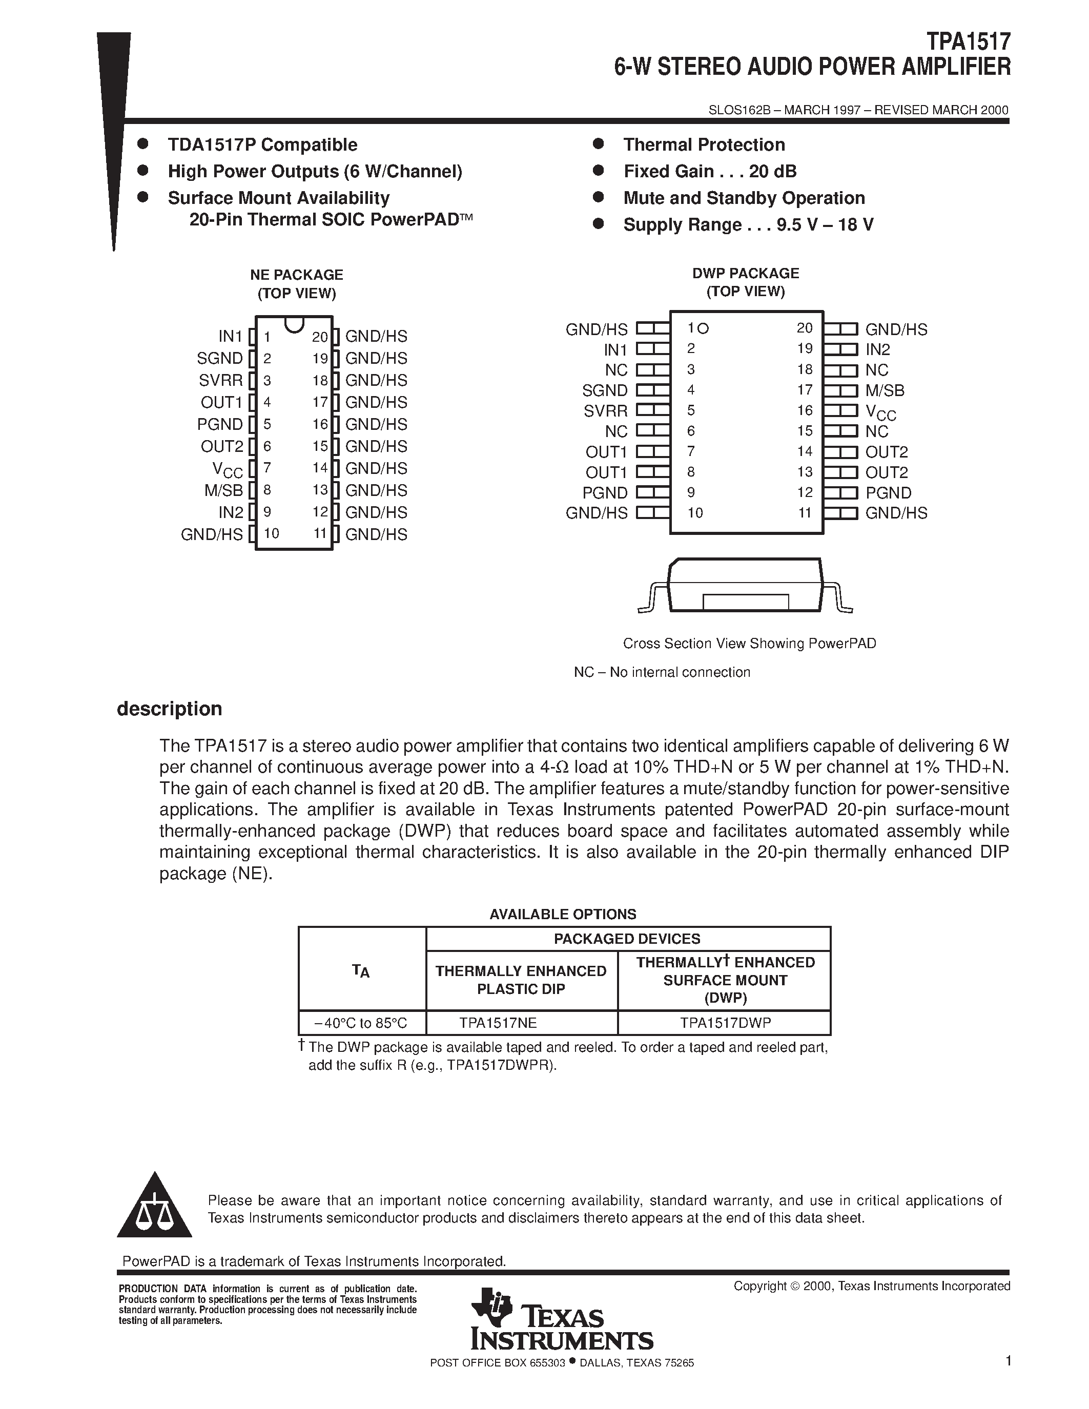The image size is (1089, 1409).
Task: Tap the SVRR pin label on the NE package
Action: tap(221, 380)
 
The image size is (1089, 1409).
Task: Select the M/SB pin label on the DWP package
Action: tap(885, 390)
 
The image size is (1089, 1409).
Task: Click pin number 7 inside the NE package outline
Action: tap(267, 468)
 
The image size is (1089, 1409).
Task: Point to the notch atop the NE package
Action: tap(294, 324)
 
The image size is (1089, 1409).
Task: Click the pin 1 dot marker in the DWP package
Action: tap(703, 328)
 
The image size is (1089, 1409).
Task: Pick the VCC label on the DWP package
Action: tap(880, 411)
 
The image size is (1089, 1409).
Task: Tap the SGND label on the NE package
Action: tap(220, 358)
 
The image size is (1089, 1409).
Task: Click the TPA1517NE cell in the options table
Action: tap(498, 1023)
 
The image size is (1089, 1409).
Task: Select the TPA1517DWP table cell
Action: tap(725, 1023)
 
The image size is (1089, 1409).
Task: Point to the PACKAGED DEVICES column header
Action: tap(627, 939)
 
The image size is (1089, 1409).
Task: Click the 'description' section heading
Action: tap(169, 709)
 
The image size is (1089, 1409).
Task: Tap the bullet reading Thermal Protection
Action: tap(704, 144)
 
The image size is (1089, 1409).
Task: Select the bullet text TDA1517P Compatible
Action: tap(262, 144)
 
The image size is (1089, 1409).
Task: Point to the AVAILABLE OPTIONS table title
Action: tap(563, 914)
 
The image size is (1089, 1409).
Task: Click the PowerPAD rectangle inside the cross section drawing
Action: tap(746, 602)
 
